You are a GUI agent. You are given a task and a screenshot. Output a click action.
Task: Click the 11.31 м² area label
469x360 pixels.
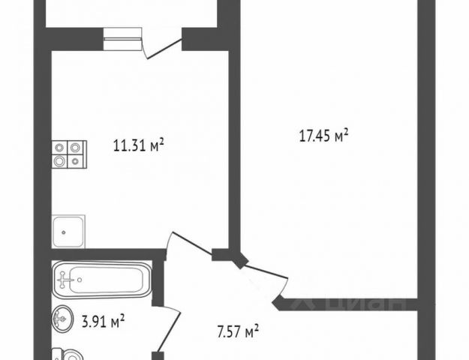(139, 145)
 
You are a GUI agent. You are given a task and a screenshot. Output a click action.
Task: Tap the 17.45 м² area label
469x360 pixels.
(324, 136)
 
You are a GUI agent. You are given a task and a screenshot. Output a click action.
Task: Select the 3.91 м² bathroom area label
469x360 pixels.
(104, 321)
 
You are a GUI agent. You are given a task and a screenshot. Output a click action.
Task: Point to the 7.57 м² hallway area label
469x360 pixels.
(238, 331)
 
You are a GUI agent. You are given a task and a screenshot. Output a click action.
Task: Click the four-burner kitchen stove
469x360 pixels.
(69, 154)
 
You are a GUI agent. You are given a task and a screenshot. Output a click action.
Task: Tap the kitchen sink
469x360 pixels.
(68, 232)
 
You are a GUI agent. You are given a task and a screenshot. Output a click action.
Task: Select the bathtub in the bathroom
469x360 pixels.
(102, 279)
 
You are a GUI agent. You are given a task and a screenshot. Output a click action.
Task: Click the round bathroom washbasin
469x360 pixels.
(62, 319)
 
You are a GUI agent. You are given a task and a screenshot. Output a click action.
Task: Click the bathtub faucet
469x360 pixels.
(65, 280)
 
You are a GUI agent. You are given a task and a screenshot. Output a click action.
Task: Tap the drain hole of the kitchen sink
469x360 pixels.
(64, 232)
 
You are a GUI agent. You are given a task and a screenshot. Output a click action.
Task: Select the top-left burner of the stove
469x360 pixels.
(60, 147)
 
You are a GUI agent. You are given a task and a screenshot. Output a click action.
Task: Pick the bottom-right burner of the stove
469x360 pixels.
(76, 161)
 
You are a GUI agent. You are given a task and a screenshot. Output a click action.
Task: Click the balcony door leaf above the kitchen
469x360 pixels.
(164, 48)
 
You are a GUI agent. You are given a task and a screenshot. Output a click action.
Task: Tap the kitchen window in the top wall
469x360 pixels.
(122, 39)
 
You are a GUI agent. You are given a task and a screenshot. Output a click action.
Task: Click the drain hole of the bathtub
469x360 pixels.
(80, 280)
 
